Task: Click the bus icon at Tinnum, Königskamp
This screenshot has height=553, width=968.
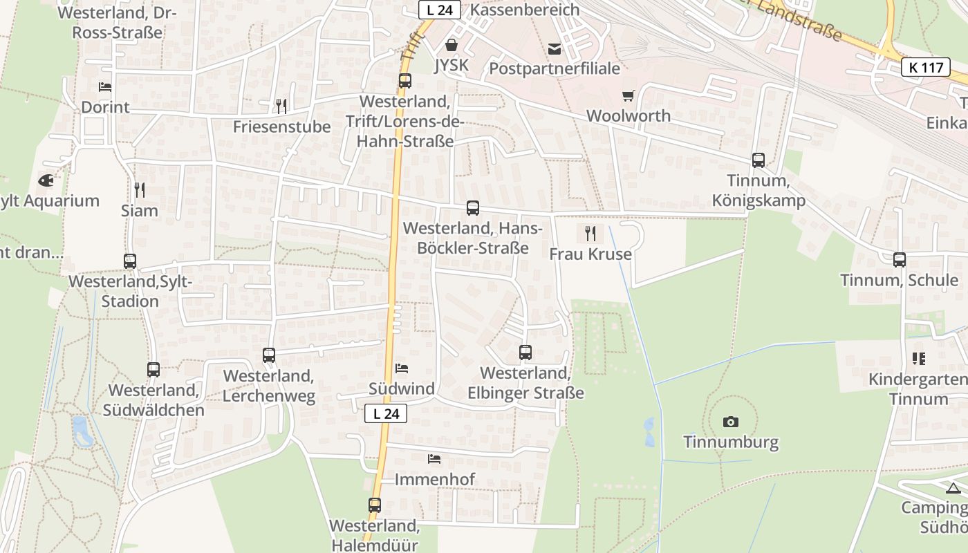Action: [x=758, y=160]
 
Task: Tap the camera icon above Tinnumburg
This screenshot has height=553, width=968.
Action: [x=730, y=422]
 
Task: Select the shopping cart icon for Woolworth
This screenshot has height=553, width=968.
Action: [x=628, y=96]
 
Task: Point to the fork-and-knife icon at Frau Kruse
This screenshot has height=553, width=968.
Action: [x=590, y=234]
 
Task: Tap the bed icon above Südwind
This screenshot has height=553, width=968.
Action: [x=402, y=368]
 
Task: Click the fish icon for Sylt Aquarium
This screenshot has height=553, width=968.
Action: [x=46, y=181]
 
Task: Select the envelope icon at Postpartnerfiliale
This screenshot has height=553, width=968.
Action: [x=555, y=48]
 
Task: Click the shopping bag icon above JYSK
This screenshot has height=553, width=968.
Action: [x=452, y=46]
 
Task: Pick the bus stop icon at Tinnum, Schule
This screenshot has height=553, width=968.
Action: [x=900, y=260]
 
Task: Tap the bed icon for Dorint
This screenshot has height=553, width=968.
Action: [x=105, y=87]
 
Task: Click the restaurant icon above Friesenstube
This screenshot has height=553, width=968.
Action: [x=281, y=106]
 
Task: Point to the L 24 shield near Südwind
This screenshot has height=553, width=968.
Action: [x=386, y=413]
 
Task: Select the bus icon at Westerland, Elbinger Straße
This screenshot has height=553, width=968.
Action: [x=525, y=353]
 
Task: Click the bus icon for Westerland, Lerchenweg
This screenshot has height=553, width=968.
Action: [x=269, y=355]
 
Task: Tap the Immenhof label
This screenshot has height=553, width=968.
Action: [x=434, y=479]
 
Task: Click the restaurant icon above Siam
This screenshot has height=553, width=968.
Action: [x=139, y=189]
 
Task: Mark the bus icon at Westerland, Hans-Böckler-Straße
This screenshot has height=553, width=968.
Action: [x=473, y=208]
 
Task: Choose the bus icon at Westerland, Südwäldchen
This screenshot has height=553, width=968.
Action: [x=153, y=370]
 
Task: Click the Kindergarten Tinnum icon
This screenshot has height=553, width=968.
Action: [x=918, y=359]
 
